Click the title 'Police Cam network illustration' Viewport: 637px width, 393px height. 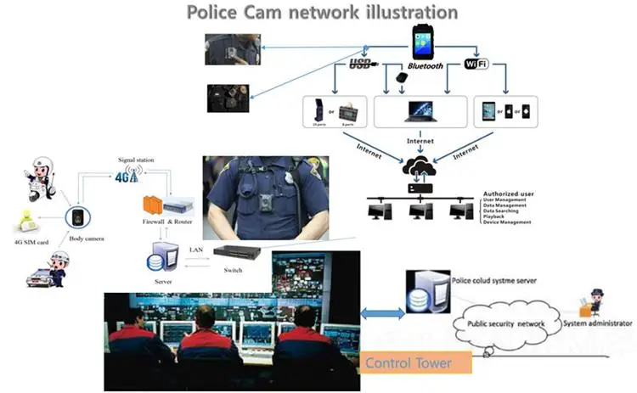(x=322, y=13)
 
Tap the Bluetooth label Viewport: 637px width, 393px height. (x=426, y=65)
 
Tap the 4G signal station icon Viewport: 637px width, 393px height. (x=127, y=177)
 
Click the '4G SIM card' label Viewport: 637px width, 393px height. (x=33, y=240)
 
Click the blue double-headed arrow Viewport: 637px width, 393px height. (x=383, y=313)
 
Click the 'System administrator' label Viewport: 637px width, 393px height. (x=600, y=324)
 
